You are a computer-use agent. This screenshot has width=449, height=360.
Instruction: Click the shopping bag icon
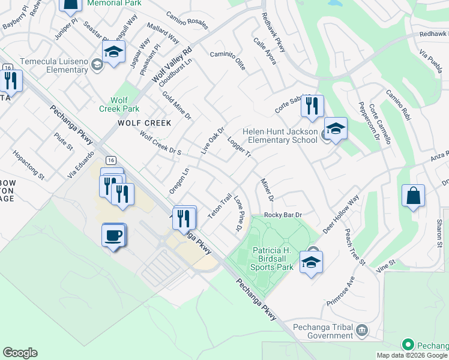pos(414,196)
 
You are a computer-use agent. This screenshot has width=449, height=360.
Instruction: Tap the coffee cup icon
pos(113,235)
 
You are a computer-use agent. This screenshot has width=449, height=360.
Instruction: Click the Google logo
pos(20,353)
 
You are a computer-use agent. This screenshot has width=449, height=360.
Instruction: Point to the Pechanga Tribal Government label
pos(323,331)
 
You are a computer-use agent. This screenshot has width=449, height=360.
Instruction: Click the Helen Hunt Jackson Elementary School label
pos(280,136)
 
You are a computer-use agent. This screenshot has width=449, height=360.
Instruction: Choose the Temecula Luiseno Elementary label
pos(54,65)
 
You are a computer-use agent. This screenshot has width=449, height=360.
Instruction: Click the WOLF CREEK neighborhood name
pos(144,123)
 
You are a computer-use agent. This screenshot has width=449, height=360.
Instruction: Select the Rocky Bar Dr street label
pos(283,215)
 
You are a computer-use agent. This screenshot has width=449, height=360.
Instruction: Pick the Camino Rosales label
pos(187,20)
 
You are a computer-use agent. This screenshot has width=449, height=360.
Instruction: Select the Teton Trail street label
pos(220,206)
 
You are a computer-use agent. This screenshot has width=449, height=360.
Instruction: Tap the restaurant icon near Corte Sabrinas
pos(312,107)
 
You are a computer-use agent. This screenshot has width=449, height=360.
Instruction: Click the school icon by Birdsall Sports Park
pos(311,263)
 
